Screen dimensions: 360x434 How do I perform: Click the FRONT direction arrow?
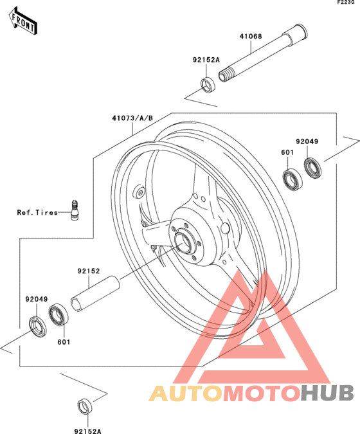22,21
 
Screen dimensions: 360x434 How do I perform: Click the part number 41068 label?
251,36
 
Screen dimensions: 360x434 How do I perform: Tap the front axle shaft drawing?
263,53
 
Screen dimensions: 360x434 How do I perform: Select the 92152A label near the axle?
206,60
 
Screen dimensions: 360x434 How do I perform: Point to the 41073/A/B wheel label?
132,118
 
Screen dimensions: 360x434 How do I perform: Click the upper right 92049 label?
307,141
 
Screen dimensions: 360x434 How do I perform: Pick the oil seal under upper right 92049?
313,168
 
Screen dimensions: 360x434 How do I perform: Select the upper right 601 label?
287,152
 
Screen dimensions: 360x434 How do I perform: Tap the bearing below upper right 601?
292,179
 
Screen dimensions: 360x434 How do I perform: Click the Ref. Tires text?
37,213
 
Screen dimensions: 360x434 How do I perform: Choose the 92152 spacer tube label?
89,271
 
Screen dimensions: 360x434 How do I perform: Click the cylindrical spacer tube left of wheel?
96,293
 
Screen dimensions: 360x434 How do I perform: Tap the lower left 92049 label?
37,299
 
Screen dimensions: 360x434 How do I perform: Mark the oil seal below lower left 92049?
38,327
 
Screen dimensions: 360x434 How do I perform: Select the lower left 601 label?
64,342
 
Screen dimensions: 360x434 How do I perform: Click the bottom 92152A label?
88,431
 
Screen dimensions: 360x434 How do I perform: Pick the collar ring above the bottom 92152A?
85,406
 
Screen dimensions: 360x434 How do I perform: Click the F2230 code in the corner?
346,3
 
